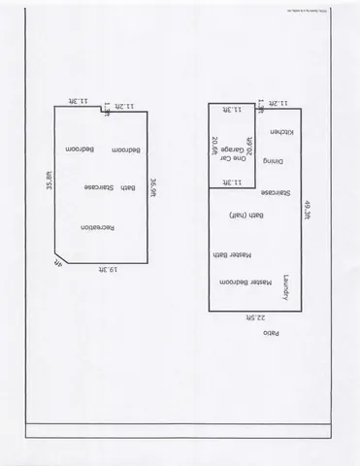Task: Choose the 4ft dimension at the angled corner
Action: (x=56, y=263)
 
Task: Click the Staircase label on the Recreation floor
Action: (x=100, y=186)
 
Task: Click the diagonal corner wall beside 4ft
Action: (x=59, y=255)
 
